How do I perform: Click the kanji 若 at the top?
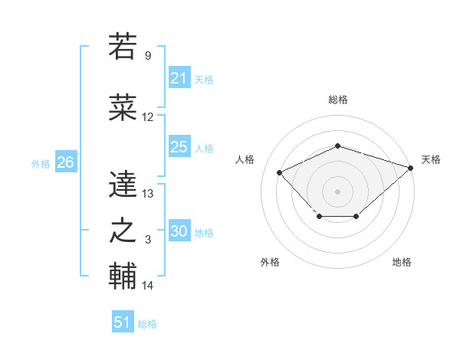123,46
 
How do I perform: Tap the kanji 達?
123,185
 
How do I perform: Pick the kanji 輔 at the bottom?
123,277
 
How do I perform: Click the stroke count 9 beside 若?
148,56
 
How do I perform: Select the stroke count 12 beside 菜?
148,118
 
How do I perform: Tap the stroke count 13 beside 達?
148,195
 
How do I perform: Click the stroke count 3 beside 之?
148,241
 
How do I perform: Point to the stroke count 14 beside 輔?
148,286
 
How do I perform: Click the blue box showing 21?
179,78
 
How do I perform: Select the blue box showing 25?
179,147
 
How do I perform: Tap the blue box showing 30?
179,231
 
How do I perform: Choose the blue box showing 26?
65,162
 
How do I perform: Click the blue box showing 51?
123,322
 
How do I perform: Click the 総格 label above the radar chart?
337,100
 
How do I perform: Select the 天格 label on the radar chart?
431,159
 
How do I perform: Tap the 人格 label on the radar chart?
245,159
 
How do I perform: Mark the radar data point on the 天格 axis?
412,167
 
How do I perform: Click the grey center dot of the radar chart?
337,191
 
